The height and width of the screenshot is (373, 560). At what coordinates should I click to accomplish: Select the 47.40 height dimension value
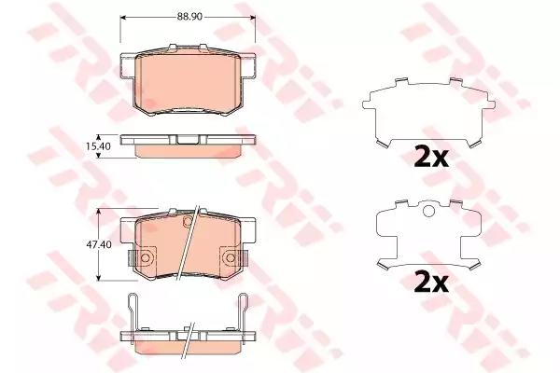click(99, 245)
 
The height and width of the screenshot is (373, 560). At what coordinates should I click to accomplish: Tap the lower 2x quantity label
click(430, 283)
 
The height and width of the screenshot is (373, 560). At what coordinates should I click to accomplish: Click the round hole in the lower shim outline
click(429, 211)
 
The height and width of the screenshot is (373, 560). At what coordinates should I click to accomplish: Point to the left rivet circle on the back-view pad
click(146, 257)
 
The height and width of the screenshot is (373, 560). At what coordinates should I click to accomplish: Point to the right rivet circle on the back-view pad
click(231, 257)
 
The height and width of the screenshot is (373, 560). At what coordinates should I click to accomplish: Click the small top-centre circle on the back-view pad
click(188, 221)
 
